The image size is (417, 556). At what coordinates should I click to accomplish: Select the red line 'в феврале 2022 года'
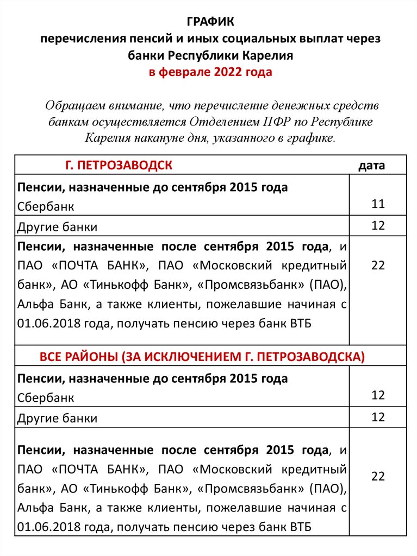(210, 72)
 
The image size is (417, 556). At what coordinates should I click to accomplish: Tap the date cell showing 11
(378, 204)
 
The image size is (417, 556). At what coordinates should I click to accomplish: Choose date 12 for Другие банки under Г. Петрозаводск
(378, 225)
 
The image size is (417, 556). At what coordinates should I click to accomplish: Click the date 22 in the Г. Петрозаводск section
(378, 265)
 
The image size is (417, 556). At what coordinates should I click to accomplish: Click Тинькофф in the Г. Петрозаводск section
(115, 285)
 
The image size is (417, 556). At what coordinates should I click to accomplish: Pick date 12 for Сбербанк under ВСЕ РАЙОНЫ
(378, 395)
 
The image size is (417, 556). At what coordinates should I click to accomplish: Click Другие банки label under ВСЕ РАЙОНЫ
(58, 418)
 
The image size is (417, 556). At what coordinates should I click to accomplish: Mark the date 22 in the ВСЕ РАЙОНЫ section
(378, 476)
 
